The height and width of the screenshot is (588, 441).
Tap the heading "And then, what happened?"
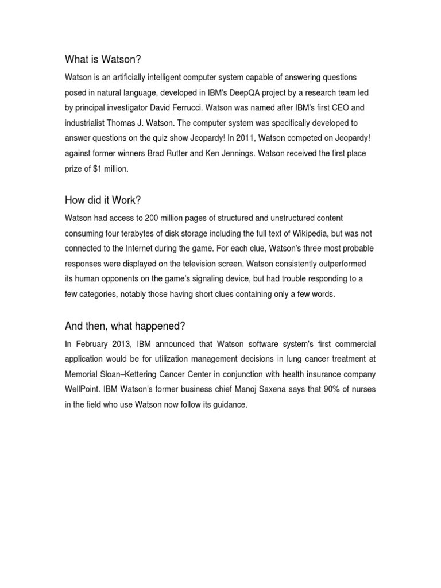pos(124,326)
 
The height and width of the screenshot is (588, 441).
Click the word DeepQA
pos(264,92)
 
